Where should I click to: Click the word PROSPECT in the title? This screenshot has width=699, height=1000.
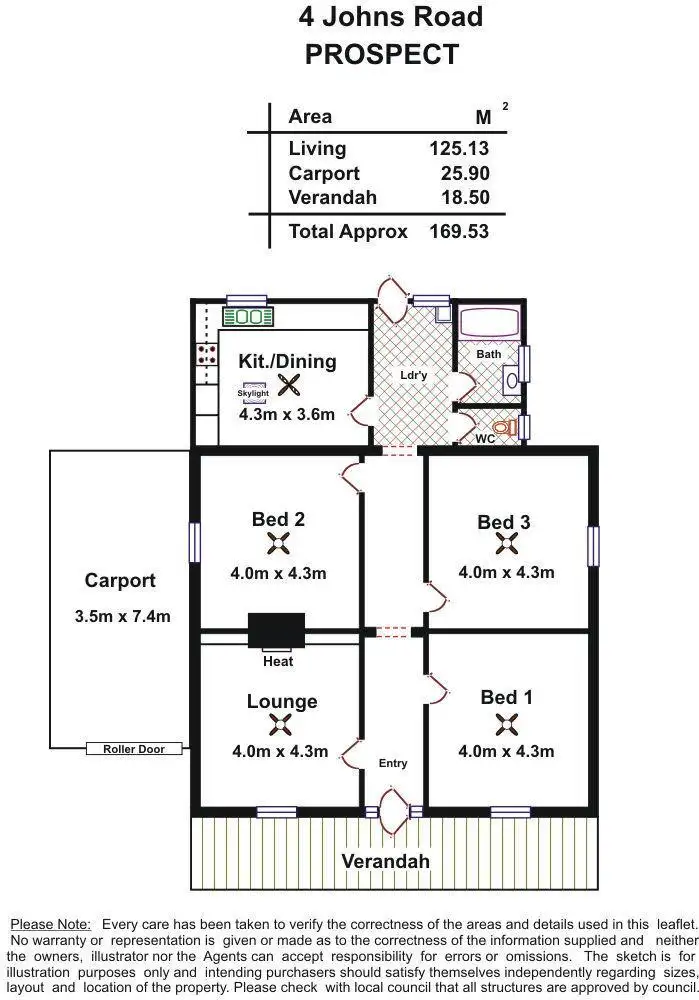tap(381, 54)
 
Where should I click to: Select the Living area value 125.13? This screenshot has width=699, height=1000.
tap(459, 149)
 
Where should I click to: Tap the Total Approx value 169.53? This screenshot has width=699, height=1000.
tap(459, 232)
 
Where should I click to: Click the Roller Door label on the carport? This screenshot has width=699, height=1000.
tap(133, 749)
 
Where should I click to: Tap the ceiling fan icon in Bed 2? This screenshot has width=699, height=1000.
tap(279, 544)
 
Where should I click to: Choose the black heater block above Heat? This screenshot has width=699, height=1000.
tap(276, 631)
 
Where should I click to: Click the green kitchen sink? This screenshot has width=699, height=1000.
tap(247, 317)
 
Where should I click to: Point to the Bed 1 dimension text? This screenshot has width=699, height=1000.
tap(506, 752)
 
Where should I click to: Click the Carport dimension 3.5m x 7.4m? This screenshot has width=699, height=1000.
tap(122, 616)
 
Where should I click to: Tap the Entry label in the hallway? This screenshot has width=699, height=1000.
tap(393, 763)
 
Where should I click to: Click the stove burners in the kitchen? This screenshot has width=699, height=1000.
tap(207, 353)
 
